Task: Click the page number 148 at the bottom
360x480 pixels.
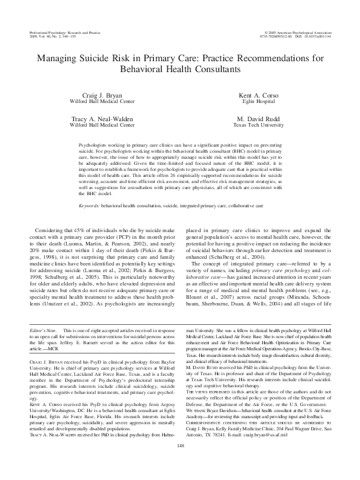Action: tap(179, 463)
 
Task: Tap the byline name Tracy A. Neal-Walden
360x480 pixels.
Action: tap(100, 119)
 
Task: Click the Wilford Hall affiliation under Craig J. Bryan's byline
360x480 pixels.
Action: tap(100, 102)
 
